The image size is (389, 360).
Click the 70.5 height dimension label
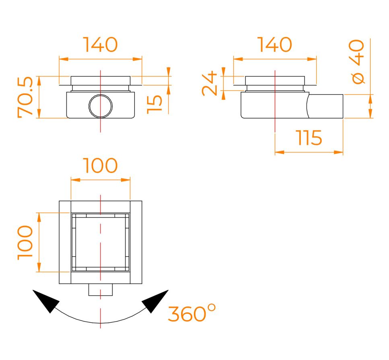click(25, 97)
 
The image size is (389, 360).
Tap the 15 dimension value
click(154, 105)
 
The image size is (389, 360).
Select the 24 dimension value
click(210, 83)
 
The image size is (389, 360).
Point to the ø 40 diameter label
click(357, 62)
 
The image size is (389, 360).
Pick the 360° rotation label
click(192, 313)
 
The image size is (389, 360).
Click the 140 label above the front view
click(100, 45)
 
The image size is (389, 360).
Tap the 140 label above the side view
click(275, 45)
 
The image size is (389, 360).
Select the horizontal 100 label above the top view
click(100, 165)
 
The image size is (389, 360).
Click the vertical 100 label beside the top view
click(25, 243)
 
